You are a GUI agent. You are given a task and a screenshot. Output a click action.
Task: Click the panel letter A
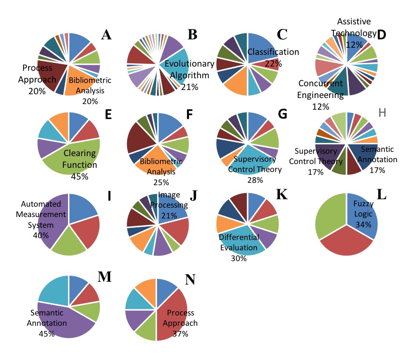[106, 35]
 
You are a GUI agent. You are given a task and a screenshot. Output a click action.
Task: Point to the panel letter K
[281, 194]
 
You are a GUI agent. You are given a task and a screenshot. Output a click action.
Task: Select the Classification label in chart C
[273, 52]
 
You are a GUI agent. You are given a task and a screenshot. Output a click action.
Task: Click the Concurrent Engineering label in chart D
[321, 89]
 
